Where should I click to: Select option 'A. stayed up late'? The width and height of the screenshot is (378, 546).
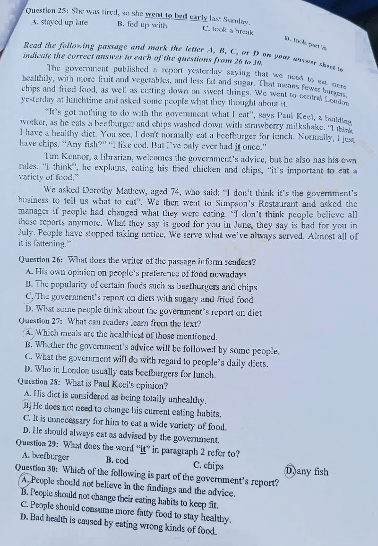[60, 22]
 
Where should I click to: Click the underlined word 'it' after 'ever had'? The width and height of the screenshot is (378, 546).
[237, 147]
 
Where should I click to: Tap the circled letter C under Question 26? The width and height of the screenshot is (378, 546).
[30, 297]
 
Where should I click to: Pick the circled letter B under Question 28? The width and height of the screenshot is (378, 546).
[26, 406]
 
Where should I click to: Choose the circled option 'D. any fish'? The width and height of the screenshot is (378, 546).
[307, 471]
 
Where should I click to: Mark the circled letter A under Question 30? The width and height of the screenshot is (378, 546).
[25, 480]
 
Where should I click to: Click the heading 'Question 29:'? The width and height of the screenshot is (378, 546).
[37, 443]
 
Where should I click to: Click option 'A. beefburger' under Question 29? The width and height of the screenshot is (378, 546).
[45, 456]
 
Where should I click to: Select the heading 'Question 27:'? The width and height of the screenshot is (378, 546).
[41, 321]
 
